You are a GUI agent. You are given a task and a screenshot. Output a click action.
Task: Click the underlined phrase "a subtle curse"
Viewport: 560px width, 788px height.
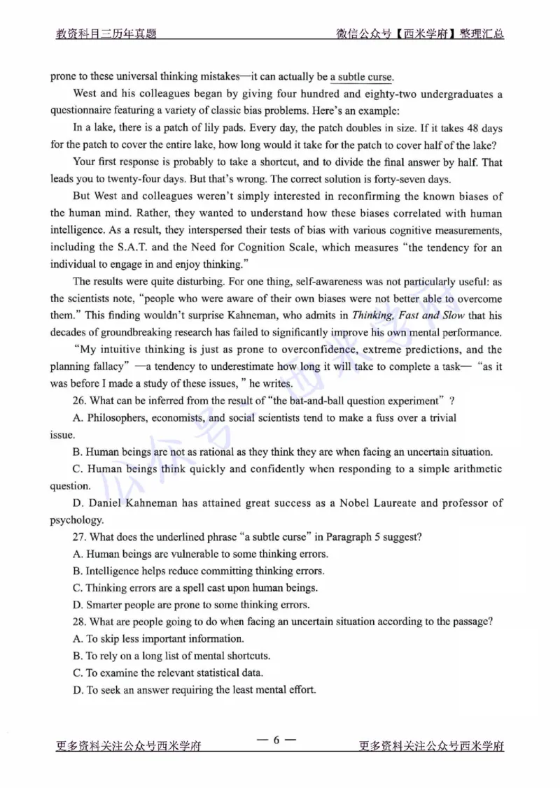361,76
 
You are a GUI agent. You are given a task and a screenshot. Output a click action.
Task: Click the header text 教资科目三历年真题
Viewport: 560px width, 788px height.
106,34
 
